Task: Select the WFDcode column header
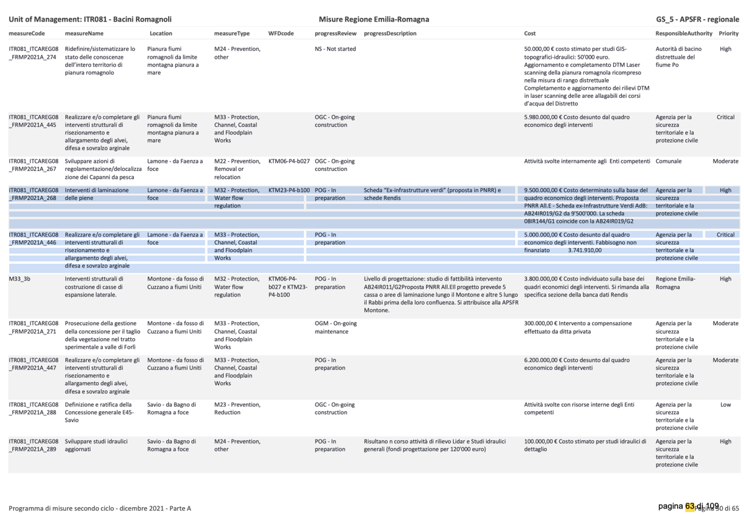(x=281, y=33)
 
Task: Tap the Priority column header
(x=728, y=33)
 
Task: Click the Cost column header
(x=530, y=33)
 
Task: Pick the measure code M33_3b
(x=20, y=279)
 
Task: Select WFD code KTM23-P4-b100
(x=289, y=190)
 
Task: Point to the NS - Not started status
(x=335, y=49)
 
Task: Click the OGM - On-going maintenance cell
(x=335, y=328)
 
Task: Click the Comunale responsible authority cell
(x=668, y=161)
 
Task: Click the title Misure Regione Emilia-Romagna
(x=374, y=19)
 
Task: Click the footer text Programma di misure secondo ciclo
(x=100, y=508)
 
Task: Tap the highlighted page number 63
(x=691, y=506)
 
